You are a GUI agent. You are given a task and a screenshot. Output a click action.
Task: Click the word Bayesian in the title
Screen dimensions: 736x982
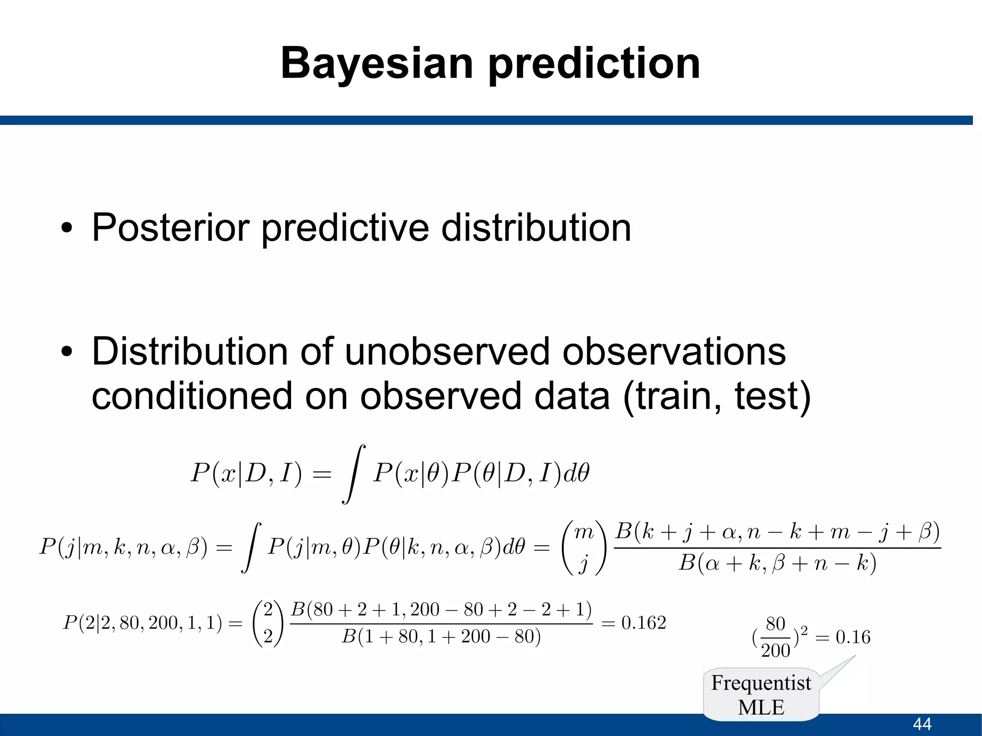click(x=377, y=64)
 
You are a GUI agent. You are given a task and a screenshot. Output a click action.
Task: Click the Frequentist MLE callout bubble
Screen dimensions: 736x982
click(x=761, y=695)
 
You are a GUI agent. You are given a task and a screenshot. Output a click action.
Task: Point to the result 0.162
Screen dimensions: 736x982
click(x=643, y=623)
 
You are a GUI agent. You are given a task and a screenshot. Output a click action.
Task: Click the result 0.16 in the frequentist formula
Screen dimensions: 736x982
click(x=853, y=637)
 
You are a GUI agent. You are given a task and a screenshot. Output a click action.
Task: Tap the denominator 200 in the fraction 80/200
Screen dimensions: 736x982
click(x=775, y=651)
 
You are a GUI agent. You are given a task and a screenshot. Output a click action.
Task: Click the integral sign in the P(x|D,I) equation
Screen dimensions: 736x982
click(x=353, y=474)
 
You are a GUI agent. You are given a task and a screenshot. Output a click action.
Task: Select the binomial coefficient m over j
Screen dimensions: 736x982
click(x=584, y=548)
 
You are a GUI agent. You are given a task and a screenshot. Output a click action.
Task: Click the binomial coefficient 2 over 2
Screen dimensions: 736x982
click(x=268, y=623)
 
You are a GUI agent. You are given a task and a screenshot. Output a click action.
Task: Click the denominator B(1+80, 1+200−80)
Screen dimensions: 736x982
click(x=441, y=637)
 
